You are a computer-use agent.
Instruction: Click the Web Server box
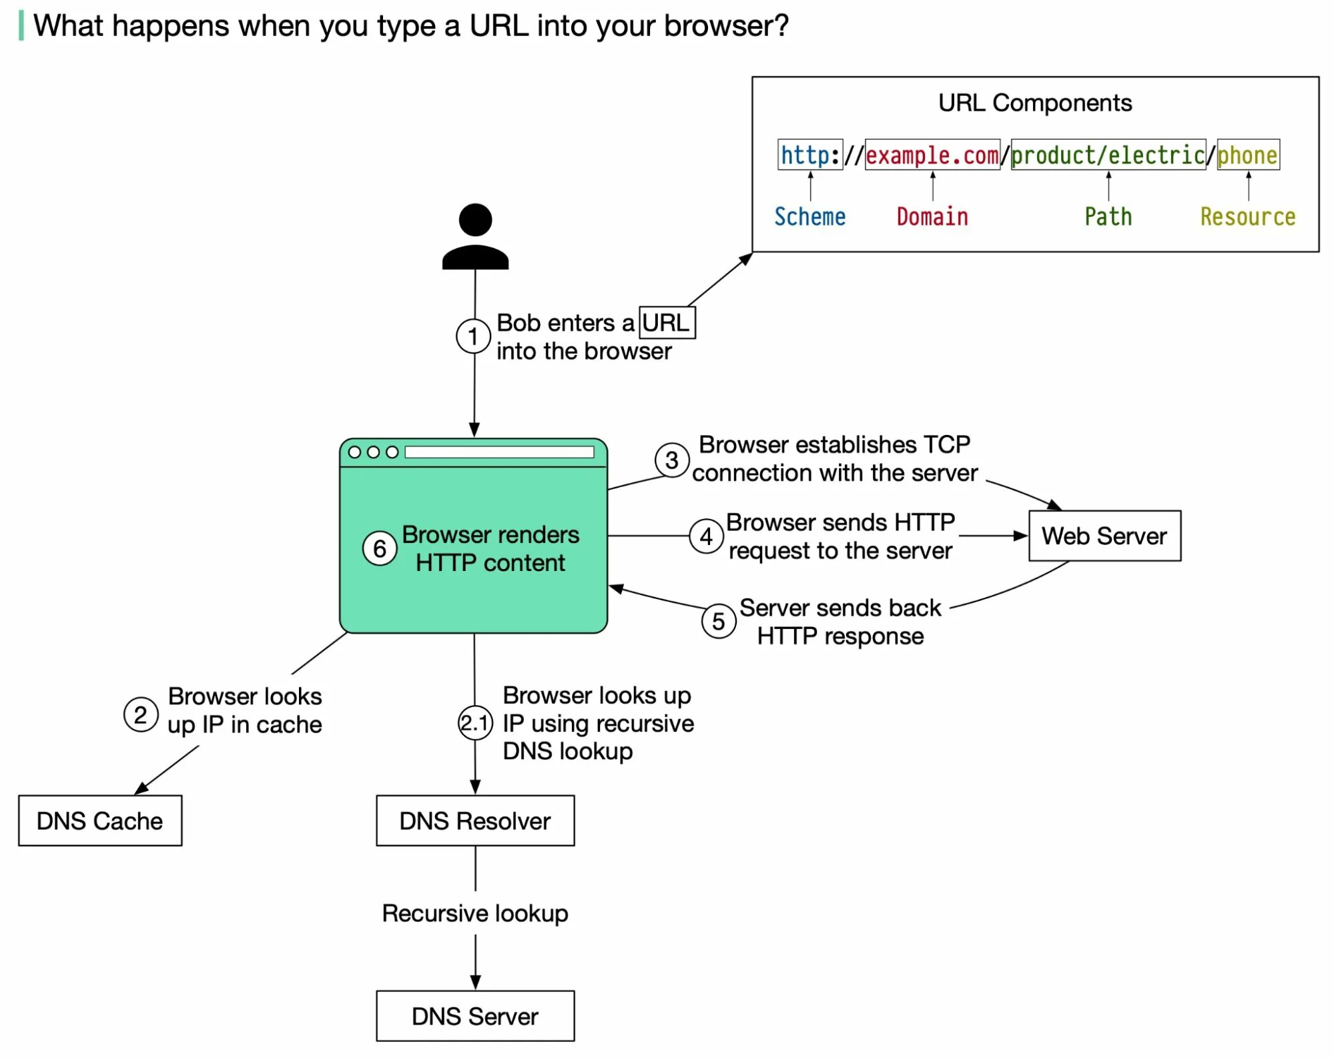[1104, 536]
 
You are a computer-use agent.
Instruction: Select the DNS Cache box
[99, 821]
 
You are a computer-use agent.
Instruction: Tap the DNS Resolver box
[474, 821]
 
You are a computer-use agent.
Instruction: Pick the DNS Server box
[474, 1016]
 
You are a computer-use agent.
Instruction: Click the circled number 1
[473, 336]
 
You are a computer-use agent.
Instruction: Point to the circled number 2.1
[475, 722]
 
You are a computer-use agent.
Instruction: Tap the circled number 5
[718, 622]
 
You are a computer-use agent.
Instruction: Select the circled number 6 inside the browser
[379, 548]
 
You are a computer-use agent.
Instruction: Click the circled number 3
[671, 460]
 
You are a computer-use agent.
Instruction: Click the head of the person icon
[475, 220]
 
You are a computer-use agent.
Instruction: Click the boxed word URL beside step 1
[666, 323]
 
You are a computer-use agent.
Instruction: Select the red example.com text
[932, 155]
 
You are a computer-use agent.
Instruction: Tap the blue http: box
[809, 155]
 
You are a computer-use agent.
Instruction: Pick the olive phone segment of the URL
[1247, 155]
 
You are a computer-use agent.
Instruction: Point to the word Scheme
[809, 217]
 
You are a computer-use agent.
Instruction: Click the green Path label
[1108, 217]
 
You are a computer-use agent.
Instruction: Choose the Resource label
[1247, 217]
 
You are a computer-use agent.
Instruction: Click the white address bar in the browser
[498, 452]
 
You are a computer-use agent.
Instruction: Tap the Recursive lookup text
[474, 913]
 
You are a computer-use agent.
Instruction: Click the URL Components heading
[1034, 103]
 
